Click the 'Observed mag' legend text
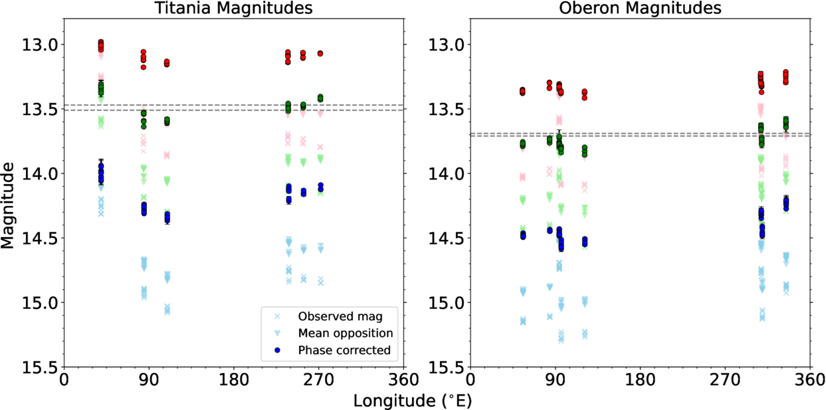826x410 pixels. click(x=331, y=316)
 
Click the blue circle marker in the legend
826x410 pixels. click(x=276, y=350)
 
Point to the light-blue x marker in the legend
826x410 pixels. click(x=276, y=316)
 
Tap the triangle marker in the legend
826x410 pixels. click(x=276, y=333)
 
